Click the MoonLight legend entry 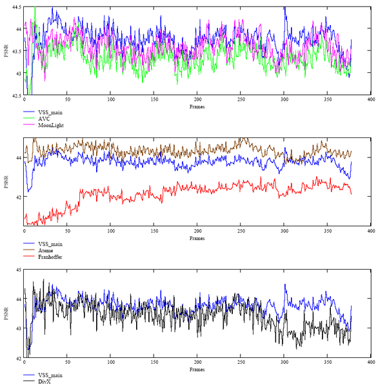point(51,125)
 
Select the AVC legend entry point(43,119)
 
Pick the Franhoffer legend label point(50,257)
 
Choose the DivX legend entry point(45,382)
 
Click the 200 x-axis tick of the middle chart point(197,232)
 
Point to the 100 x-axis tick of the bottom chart point(111,363)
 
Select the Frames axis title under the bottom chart point(197,370)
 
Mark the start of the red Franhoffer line point(25,217)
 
